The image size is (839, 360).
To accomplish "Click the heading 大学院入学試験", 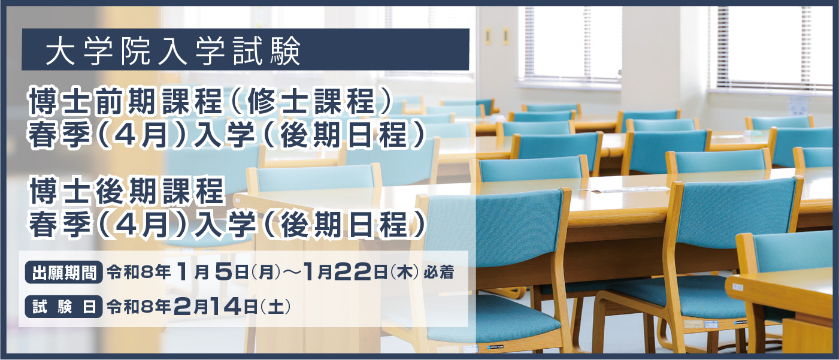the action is (173, 50).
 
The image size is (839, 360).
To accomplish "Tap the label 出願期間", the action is (63, 273).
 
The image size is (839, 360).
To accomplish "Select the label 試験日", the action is (63, 307).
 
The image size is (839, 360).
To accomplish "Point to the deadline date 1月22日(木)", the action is (362, 273).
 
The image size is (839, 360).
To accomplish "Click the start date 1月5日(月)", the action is (229, 273).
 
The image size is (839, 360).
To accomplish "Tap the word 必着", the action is (438, 273).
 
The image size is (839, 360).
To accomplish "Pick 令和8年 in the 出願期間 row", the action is (138, 273).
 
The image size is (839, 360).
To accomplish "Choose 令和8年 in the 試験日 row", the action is (138, 307).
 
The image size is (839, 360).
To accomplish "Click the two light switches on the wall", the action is (496, 37).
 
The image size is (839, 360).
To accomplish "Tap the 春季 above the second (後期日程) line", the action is (60, 225).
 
